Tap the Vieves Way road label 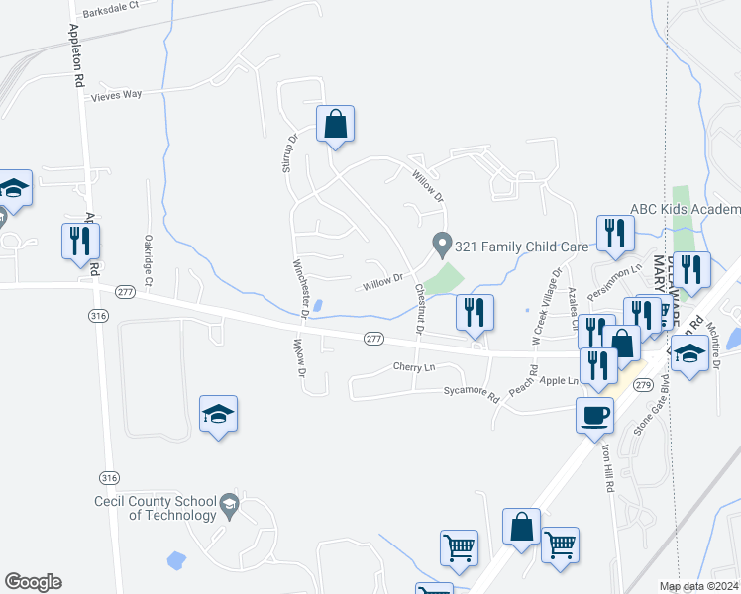[117, 95]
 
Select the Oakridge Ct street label [147, 260]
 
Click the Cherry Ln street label [414, 367]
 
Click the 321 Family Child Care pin [442, 242]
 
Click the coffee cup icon [593, 415]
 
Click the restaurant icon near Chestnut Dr [475, 312]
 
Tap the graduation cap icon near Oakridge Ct [218, 414]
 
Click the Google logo [33, 582]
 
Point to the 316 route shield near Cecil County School [109, 478]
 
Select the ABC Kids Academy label [686, 209]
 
